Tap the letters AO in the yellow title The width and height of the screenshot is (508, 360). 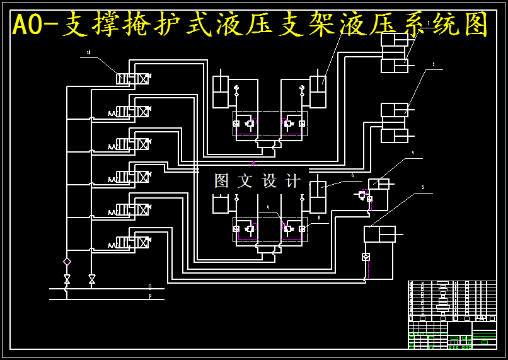(x=28, y=25)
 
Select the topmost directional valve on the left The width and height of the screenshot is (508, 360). (x=132, y=79)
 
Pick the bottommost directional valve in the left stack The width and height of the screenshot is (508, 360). (x=132, y=242)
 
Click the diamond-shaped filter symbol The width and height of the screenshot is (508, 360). (x=67, y=261)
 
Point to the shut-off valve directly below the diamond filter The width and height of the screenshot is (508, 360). (x=67, y=278)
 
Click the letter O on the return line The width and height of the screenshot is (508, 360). (x=150, y=287)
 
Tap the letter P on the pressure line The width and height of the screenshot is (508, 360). (x=150, y=295)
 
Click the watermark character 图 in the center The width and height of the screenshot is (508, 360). (x=221, y=181)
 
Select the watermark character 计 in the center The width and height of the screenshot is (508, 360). (x=293, y=181)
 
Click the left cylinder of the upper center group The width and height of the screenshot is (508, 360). (x=220, y=92)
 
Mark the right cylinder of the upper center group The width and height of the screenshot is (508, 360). (x=317, y=92)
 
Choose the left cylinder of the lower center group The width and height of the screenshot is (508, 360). (x=220, y=204)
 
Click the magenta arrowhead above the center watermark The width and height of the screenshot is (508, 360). (x=254, y=163)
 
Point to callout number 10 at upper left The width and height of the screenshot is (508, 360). (x=88, y=53)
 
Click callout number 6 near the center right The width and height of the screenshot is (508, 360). (x=352, y=176)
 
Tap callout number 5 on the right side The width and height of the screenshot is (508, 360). (x=422, y=187)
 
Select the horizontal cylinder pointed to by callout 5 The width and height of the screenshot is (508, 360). (x=379, y=234)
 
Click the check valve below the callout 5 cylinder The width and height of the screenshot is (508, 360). (x=366, y=257)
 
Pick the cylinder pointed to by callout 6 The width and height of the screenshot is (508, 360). (x=318, y=197)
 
